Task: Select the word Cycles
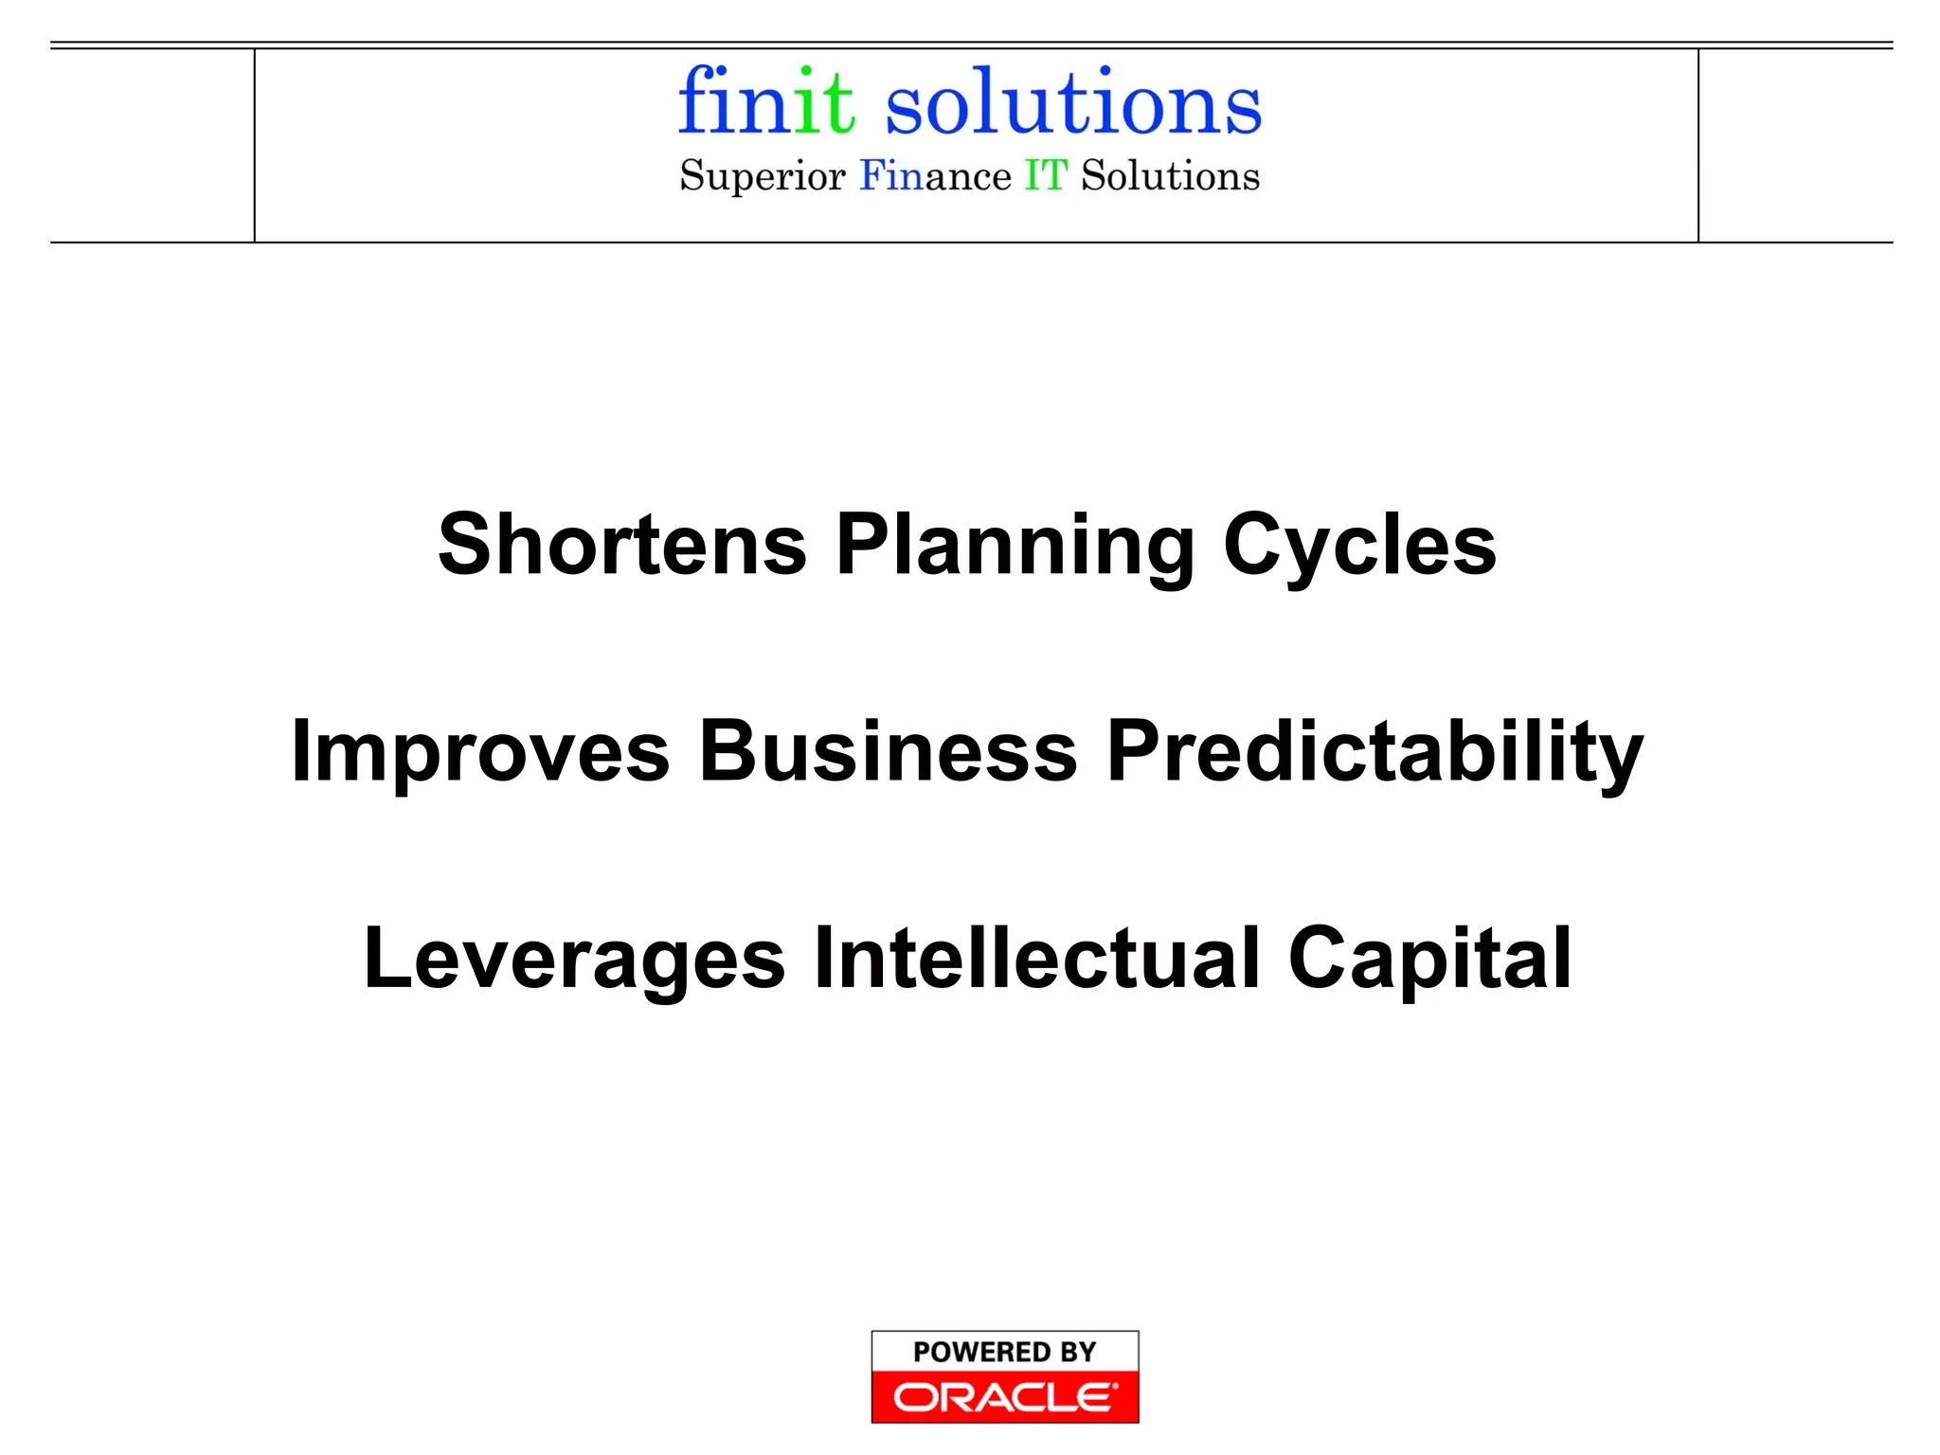1359,547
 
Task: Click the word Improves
480,752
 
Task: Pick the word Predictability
1374,752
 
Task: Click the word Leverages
574,960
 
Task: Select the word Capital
1430,960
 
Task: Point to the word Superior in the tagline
762,177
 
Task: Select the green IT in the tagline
1046,176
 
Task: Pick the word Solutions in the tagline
1171,176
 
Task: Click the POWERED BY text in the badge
1004,1352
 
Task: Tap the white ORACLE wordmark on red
1005,1397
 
